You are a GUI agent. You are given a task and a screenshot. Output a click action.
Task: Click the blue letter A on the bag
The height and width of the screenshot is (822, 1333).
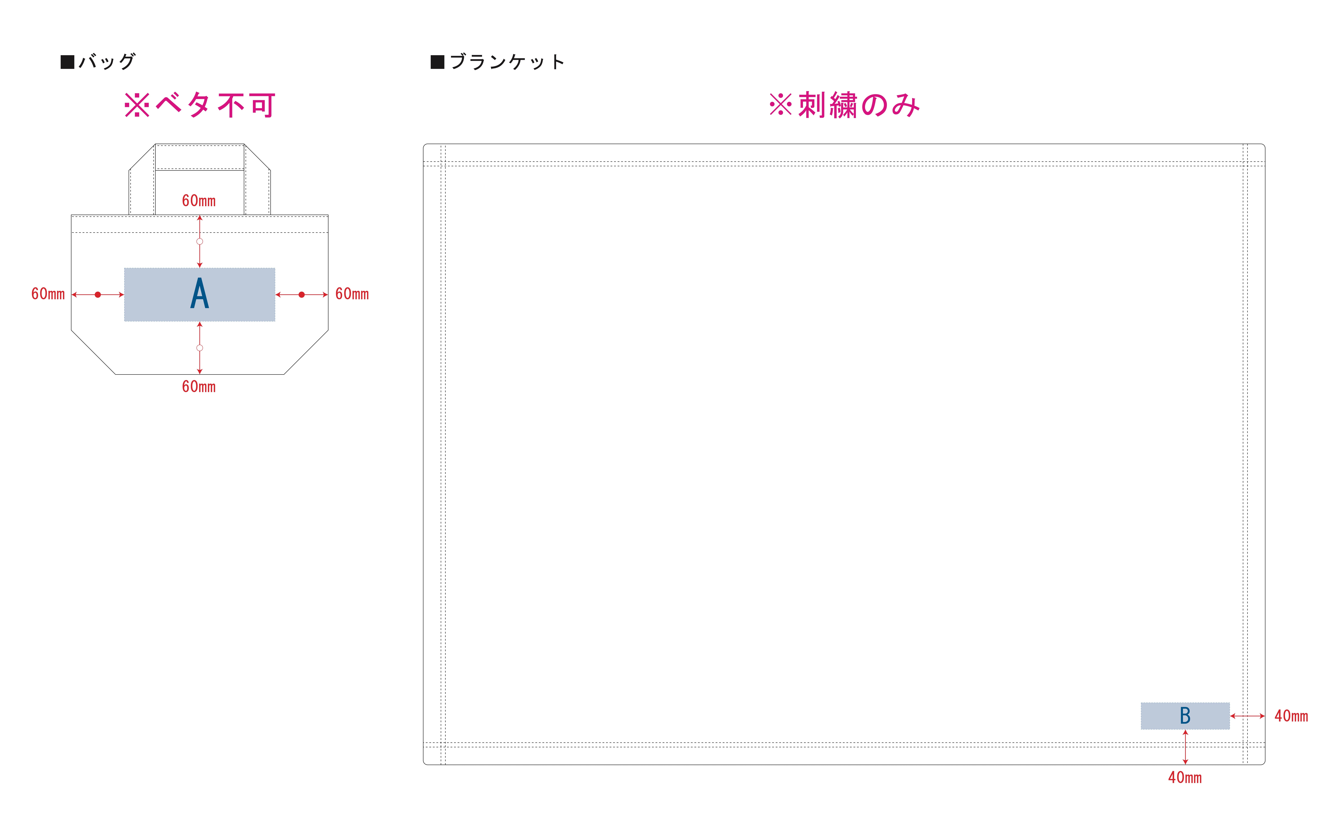point(199,294)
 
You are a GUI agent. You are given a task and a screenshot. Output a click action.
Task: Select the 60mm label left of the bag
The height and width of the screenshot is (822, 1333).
point(48,294)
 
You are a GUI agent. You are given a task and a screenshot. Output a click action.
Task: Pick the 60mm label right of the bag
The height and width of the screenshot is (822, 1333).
point(352,294)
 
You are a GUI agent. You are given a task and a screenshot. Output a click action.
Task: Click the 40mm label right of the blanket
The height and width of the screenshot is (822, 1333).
point(1291,716)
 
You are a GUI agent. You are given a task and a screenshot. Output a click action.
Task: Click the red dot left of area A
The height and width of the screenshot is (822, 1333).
point(98,295)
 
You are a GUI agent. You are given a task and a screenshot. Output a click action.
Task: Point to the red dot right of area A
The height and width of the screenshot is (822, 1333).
point(302,295)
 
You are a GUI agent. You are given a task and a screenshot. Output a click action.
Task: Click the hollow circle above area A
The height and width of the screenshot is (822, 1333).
point(200,241)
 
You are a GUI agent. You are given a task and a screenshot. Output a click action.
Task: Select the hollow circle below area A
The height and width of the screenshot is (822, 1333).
point(200,348)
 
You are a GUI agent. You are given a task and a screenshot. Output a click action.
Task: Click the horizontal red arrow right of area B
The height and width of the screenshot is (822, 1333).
point(1248,716)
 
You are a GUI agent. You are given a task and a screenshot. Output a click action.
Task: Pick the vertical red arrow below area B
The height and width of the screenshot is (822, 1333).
point(1185,748)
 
